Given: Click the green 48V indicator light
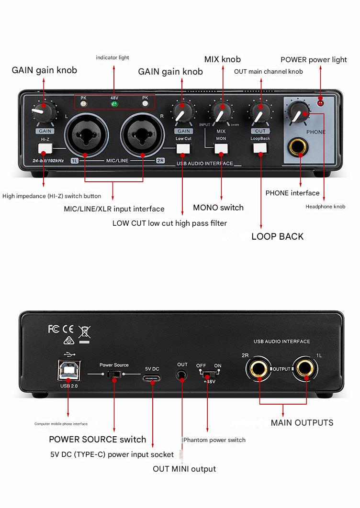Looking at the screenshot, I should click(x=114, y=103).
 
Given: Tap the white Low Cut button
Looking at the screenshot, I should click(x=183, y=148).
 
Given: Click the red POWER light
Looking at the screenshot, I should click(x=321, y=103).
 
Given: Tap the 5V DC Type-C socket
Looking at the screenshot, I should click(x=151, y=378).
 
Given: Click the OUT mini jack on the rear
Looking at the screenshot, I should click(x=182, y=376).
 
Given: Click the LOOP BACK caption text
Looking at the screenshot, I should click(x=277, y=236).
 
